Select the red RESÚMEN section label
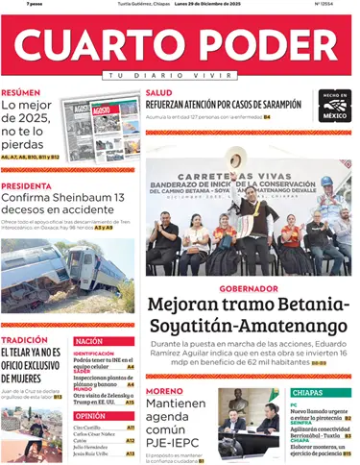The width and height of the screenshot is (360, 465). coord(21,93)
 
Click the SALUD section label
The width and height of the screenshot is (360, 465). coord(158,93)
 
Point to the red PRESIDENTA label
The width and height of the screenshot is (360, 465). coord(26,186)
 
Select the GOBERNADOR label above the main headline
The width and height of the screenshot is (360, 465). coord(248,288)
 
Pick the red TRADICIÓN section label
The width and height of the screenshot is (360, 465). coord(24,340)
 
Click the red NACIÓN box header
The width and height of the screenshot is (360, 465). coord(89,341)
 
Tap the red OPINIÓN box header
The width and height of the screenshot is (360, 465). coord(90,415)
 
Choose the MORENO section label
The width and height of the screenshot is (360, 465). coord(163,392)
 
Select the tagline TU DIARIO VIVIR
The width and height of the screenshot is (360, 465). coord(180,75)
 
